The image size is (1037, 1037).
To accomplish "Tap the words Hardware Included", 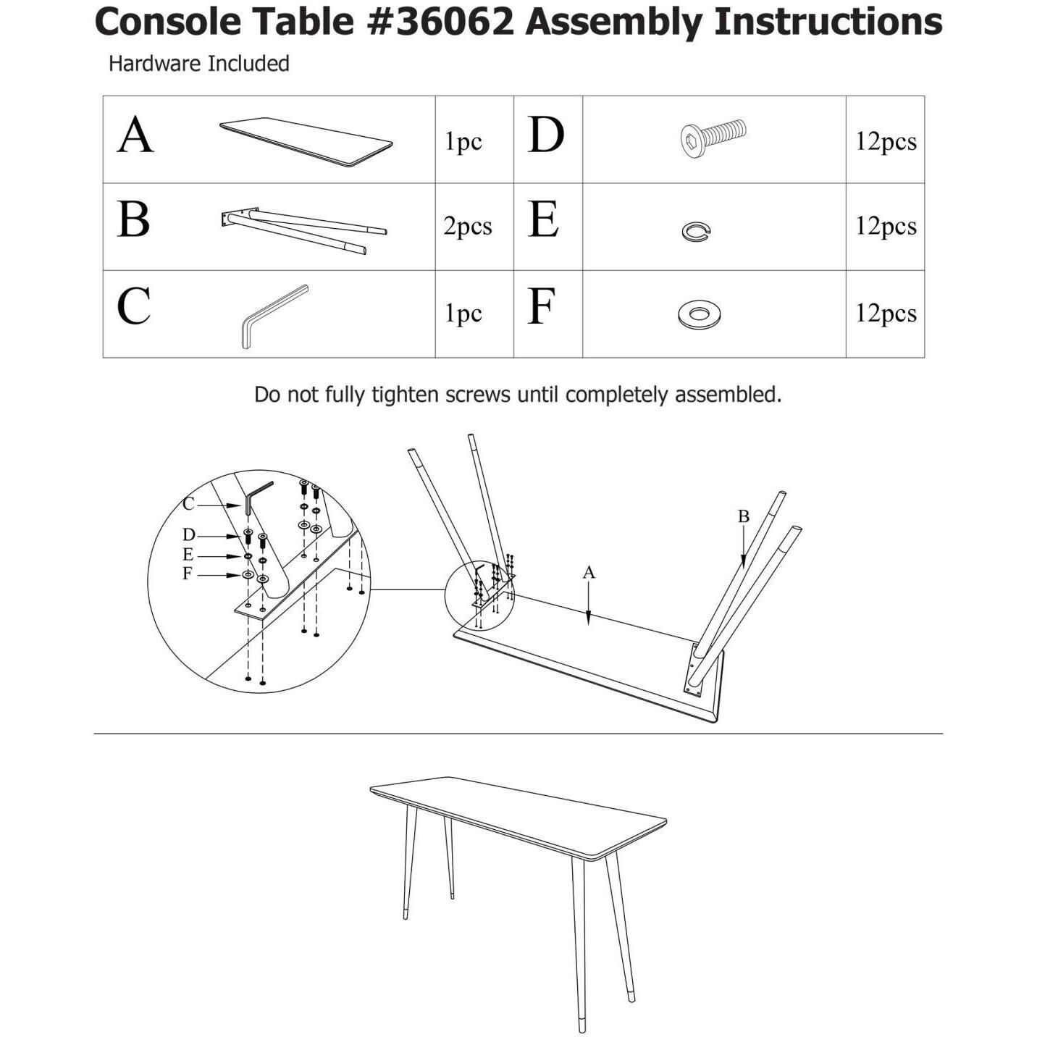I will click(x=198, y=64).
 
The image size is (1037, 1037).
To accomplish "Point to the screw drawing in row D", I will click(x=713, y=137).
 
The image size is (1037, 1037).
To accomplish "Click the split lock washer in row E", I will click(x=696, y=231).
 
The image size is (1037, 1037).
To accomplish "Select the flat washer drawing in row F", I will click(x=699, y=314).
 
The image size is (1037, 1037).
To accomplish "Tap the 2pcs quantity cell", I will click(x=468, y=226).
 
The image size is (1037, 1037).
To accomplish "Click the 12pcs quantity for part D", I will click(x=885, y=141).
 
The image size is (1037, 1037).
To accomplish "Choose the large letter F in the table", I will click(x=542, y=307).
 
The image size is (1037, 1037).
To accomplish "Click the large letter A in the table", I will click(x=135, y=135).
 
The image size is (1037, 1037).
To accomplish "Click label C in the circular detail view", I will click(x=188, y=504).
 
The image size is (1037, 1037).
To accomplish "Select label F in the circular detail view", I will click(x=188, y=574).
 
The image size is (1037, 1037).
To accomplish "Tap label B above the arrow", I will click(x=743, y=516).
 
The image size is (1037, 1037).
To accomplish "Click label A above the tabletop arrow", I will click(x=589, y=572).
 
